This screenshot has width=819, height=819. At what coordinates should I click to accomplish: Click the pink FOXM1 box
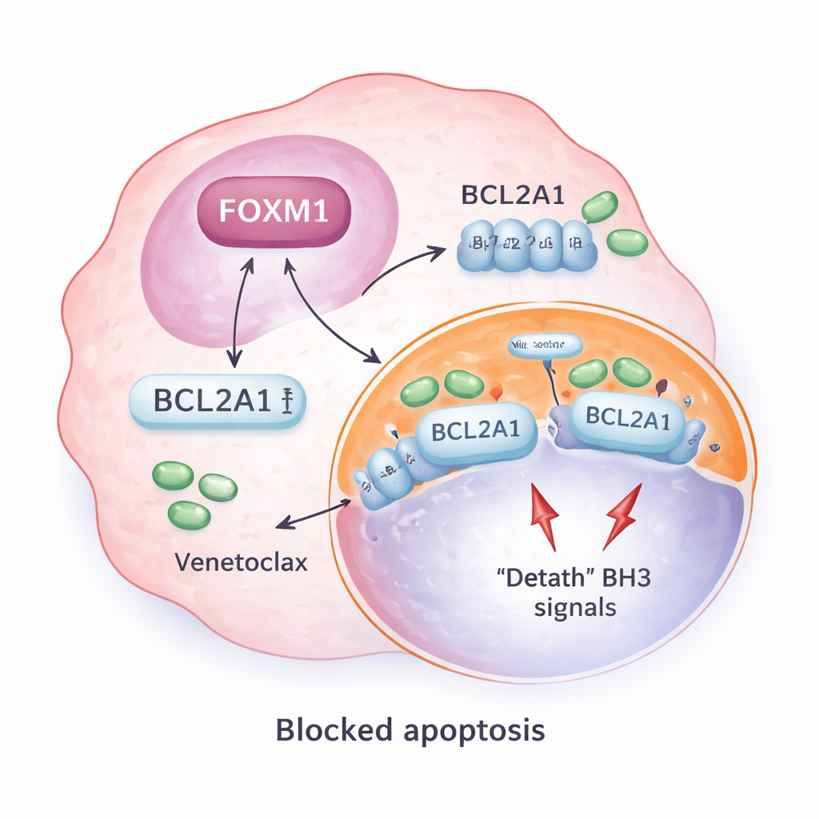(274, 214)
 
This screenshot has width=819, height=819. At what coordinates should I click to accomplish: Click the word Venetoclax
(241, 562)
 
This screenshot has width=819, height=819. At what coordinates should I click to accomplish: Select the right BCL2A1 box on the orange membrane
(628, 419)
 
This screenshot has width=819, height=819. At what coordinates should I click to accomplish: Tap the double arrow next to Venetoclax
(314, 513)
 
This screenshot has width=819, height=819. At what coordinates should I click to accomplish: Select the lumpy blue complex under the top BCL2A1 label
(528, 246)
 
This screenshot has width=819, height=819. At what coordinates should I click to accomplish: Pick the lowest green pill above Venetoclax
(189, 513)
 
